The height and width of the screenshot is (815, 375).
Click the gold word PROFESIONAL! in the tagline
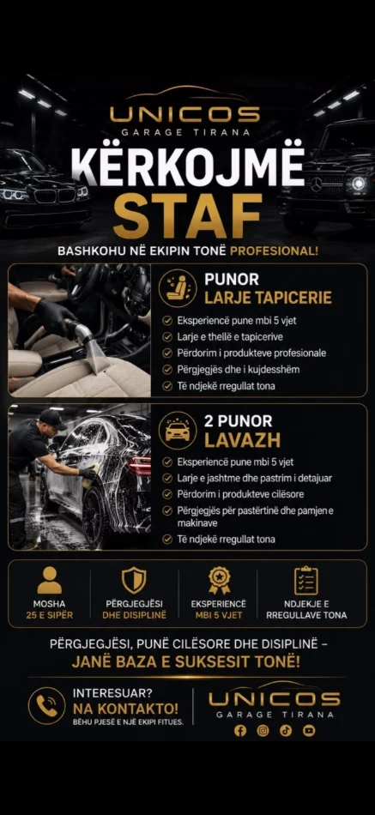coord(274,251)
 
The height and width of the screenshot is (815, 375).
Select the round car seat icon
coord(178,288)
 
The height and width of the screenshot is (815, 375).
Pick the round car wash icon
coord(178,431)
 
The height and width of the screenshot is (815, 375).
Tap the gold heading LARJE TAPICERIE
coord(268,298)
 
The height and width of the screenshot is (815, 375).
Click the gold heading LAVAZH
coord(242,440)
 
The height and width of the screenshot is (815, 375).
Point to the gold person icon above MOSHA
coord(50,580)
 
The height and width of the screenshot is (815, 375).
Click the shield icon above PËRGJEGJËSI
coord(134,580)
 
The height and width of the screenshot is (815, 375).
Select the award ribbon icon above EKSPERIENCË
coord(219,580)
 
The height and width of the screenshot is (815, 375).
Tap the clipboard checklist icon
coord(305,580)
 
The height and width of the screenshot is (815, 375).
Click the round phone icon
coord(47,705)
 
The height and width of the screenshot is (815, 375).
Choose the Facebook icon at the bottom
coord(239,731)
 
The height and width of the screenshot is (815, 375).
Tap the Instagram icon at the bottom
coord(263,731)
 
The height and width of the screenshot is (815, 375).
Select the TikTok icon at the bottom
coord(286,731)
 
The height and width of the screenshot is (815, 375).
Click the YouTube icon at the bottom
coord(309,731)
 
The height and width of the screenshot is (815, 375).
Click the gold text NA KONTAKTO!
coord(125,708)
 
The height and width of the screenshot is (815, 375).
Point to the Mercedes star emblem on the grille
coord(317,184)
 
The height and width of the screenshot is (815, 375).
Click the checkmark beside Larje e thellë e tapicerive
coord(167,337)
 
